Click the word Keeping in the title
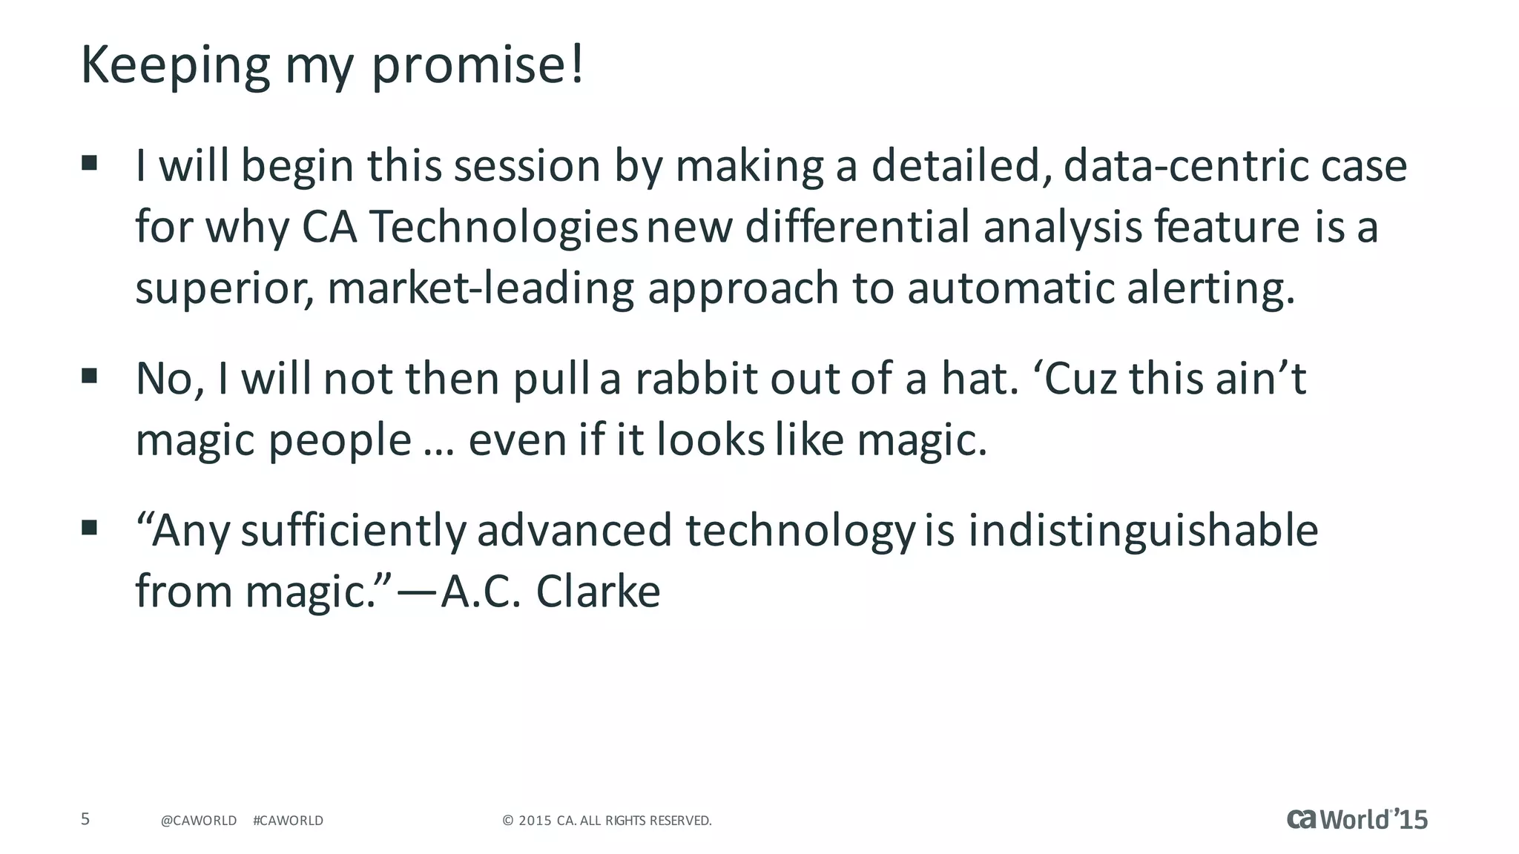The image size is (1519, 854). [x=175, y=67]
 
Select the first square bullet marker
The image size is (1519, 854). [x=90, y=163]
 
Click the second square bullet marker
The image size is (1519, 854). [x=90, y=376]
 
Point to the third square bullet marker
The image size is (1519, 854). [x=90, y=528]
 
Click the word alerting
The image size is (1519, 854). [x=1210, y=289]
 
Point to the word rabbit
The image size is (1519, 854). [x=696, y=379]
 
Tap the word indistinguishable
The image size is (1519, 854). [x=1143, y=531]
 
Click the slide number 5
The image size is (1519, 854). [x=85, y=819]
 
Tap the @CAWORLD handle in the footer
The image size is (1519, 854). [x=199, y=821]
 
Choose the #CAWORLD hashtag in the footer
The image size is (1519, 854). [x=288, y=821]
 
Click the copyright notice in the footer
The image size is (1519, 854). [x=607, y=821]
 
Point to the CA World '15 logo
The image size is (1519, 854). [x=1357, y=819]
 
